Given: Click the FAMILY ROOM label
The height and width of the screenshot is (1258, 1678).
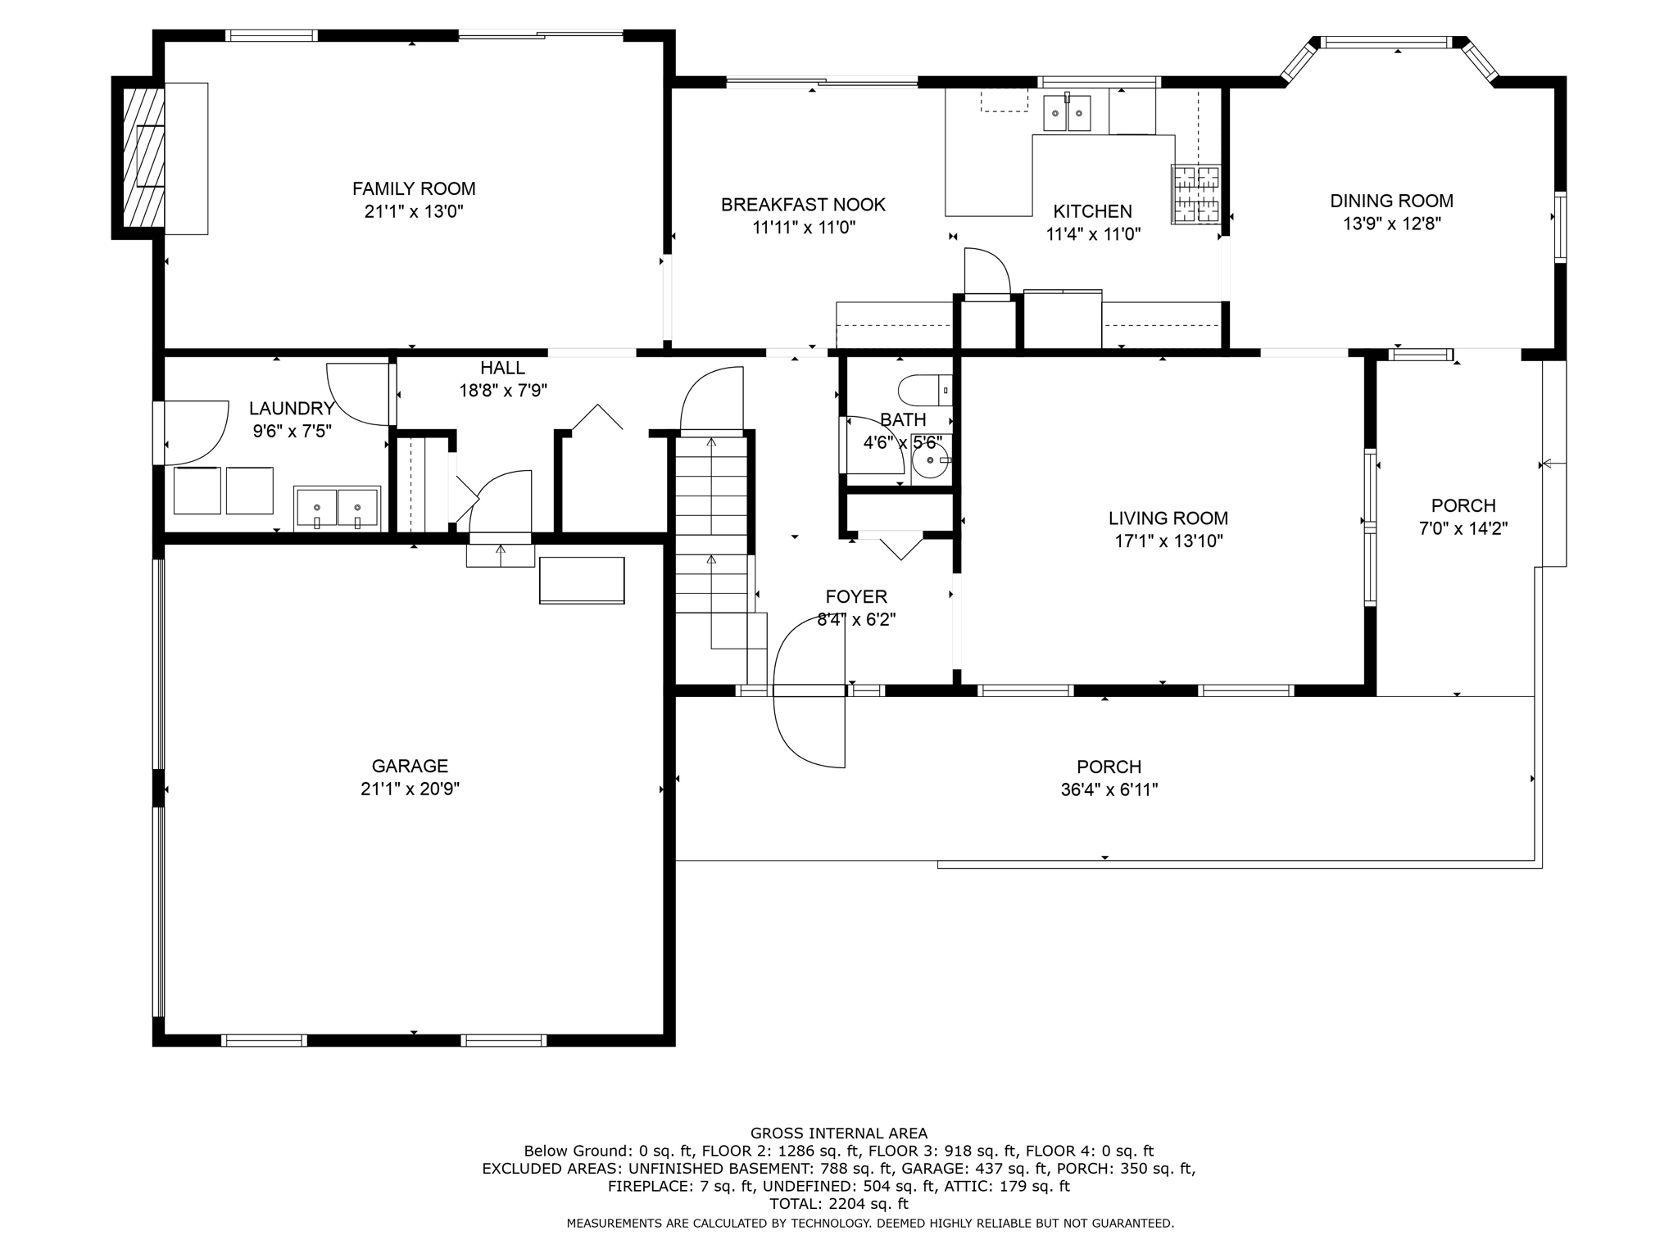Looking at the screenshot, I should [414, 189].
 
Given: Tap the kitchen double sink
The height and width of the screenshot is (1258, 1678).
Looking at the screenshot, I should [1067, 113].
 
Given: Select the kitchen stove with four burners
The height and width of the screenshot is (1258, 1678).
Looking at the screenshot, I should [1195, 194].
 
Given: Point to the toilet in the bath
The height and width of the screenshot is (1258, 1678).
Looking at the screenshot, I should [924, 390].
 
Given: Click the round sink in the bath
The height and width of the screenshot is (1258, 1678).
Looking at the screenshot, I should [931, 460].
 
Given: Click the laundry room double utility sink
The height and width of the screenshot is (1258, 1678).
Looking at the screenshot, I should [337, 508].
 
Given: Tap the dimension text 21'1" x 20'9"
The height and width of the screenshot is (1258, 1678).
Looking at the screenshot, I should [410, 789].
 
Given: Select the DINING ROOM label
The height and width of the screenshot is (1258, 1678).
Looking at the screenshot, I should [1391, 201].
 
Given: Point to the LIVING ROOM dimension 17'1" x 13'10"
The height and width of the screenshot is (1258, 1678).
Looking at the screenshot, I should [1168, 541].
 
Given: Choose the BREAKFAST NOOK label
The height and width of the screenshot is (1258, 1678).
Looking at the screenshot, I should [803, 205].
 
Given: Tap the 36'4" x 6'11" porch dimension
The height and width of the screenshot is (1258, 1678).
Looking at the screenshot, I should [1109, 790].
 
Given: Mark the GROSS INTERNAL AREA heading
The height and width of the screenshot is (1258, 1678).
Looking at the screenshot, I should [839, 1134].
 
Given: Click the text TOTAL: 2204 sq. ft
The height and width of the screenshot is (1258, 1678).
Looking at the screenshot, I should [839, 1204].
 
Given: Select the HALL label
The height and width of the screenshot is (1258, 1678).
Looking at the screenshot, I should [502, 369].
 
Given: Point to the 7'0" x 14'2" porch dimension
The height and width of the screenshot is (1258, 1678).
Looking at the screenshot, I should [1463, 528].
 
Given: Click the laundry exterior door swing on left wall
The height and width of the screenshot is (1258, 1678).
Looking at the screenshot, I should [195, 432].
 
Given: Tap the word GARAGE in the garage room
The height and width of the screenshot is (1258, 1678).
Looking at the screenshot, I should [410, 766].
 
